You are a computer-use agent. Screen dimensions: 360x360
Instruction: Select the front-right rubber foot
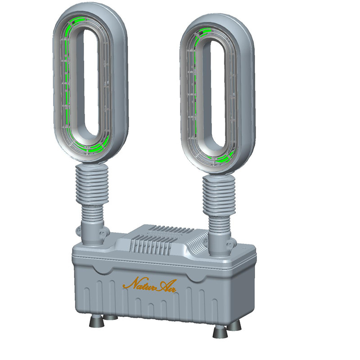tap(220, 332)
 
